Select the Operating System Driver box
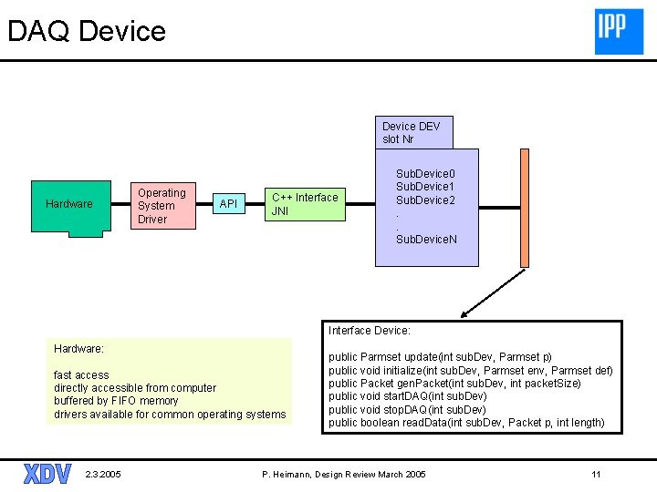pyautogui.click(x=163, y=205)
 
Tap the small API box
pyautogui.click(x=229, y=204)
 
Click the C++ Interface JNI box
pyautogui.click(x=305, y=204)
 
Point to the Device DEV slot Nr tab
pyautogui.click(x=414, y=132)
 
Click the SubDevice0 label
pyautogui.click(x=425, y=174)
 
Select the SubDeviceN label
pyautogui.click(x=426, y=240)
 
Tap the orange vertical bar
pyautogui.click(x=525, y=208)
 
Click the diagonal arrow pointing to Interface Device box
pyautogui.click(x=493, y=293)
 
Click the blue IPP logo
pyautogui.click(x=619, y=32)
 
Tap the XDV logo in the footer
pyautogui.click(x=47, y=474)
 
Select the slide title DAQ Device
pyautogui.click(x=87, y=31)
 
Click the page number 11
pyautogui.click(x=596, y=474)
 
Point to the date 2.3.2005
pyautogui.click(x=102, y=474)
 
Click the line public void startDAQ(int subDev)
pyautogui.click(x=407, y=396)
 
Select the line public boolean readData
pyautogui.click(x=466, y=423)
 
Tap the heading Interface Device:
pyautogui.click(x=370, y=331)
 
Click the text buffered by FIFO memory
pyautogui.click(x=116, y=401)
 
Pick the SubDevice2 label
pyautogui.click(x=425, y=200)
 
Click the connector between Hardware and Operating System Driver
pyautogui.click(x=121, y=204)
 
